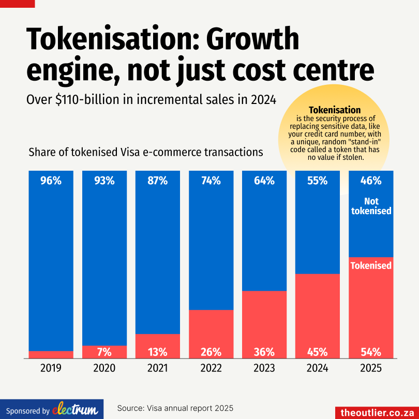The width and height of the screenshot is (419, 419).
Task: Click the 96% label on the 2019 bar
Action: click(51, 181)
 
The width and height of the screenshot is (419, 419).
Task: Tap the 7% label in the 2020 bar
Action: click(104, 352)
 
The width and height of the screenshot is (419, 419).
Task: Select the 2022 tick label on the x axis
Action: click(211, 368)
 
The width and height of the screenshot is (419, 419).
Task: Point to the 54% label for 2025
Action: click(371, 352)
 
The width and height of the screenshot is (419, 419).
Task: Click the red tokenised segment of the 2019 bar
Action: click(51, 354)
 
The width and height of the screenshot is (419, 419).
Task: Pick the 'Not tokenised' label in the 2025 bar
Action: click(371, 206)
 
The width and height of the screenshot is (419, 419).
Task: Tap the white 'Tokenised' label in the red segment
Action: click(371, 265)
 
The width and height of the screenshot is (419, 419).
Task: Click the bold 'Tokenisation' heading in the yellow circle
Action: click(335, 110)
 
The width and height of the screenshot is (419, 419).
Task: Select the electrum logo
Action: click(74, 409)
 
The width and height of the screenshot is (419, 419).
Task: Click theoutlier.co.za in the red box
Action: click(377, 412)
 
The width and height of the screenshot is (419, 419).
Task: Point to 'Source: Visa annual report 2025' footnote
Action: click(175, 408)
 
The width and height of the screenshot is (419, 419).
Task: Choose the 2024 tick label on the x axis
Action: click(317, 368)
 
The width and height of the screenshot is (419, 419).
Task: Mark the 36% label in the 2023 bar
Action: click(264, 352)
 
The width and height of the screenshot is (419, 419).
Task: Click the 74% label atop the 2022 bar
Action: click(211, 181)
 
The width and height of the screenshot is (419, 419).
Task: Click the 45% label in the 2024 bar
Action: click(317, 352)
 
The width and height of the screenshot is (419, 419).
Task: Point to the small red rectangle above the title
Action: click(18, 4)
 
